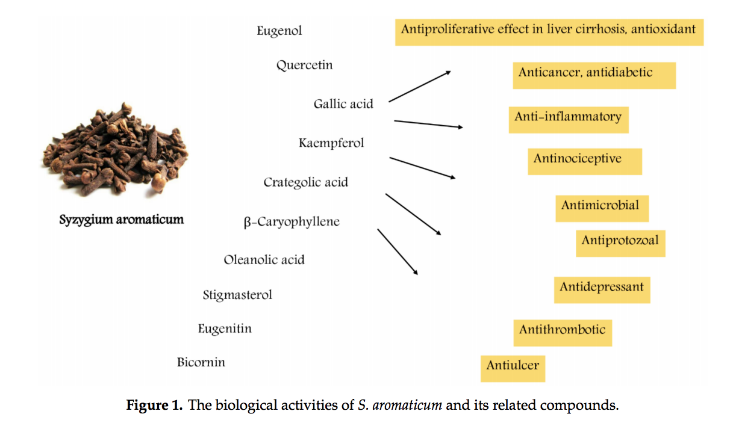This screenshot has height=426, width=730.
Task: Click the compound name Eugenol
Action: click(x=279, y=31)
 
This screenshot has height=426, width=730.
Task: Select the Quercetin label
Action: click(x=304, y=65)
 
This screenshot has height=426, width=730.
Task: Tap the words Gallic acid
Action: click(x=343, y=104)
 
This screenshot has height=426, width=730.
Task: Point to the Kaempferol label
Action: click(x=331, y=143)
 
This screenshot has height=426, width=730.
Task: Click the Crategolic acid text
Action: click(x=305, y=182)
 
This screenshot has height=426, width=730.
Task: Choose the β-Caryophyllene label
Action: click(x=292, y=222)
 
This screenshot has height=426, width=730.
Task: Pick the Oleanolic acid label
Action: click(x=264, y=260)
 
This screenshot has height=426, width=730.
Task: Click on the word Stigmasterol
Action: click(x=237, y=295)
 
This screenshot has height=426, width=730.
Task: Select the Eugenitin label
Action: click(x=225, y=329)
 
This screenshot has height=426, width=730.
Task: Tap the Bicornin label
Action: click(x=201, y=362)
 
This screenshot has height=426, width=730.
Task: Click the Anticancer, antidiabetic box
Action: click(x=594, y=75)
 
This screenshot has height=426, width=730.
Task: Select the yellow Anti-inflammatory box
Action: click(x=568, y=119)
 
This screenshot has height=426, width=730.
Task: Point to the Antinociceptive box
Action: click(x=584, y=161)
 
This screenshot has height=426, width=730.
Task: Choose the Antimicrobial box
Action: click(x=602, y=208)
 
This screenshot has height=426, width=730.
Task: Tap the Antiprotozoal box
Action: click(x=620, y=243)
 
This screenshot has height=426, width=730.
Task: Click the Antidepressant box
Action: click(x=602, y=289)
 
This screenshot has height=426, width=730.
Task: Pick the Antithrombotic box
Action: click(x=562, y=332)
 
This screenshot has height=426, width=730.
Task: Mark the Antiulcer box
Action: click(x=513, y=368)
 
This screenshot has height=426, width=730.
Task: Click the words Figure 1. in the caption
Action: click(x=154, y=405)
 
